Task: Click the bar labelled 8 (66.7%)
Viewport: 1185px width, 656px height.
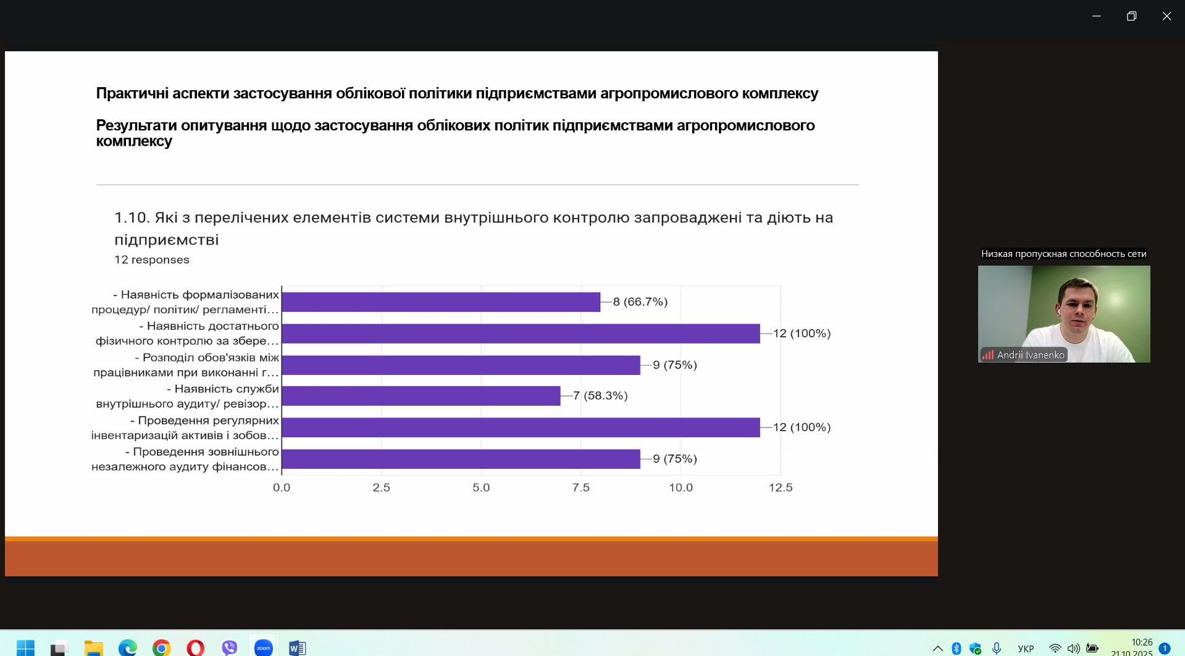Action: point(441,302)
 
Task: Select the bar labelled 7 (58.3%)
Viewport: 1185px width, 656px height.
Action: point(421,396)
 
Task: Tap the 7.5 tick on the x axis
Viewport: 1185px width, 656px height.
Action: point(581,487)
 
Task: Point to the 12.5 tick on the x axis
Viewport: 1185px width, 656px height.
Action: point(781,487)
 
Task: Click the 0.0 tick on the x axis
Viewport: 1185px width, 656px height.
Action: point(282,487)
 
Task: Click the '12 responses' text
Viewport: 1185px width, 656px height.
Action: point(152,260)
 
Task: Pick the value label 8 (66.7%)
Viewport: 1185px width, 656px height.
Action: point(640,302)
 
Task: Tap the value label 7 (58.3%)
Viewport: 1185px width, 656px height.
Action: point(600,396)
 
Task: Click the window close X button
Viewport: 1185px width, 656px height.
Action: point(1166,16)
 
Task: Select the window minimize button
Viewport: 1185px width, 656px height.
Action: point(1096,16)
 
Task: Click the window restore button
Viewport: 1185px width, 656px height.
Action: point(1131,16)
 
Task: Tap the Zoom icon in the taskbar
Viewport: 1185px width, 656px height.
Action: point(264,647)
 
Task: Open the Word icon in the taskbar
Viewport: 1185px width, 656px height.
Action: point(297,647)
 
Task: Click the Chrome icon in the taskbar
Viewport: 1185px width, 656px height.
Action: point(162,647)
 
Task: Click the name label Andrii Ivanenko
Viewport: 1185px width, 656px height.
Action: point(1031,355)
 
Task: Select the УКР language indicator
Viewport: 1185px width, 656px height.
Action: point(1026,649)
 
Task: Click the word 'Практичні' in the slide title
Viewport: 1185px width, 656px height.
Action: point(132,93)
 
